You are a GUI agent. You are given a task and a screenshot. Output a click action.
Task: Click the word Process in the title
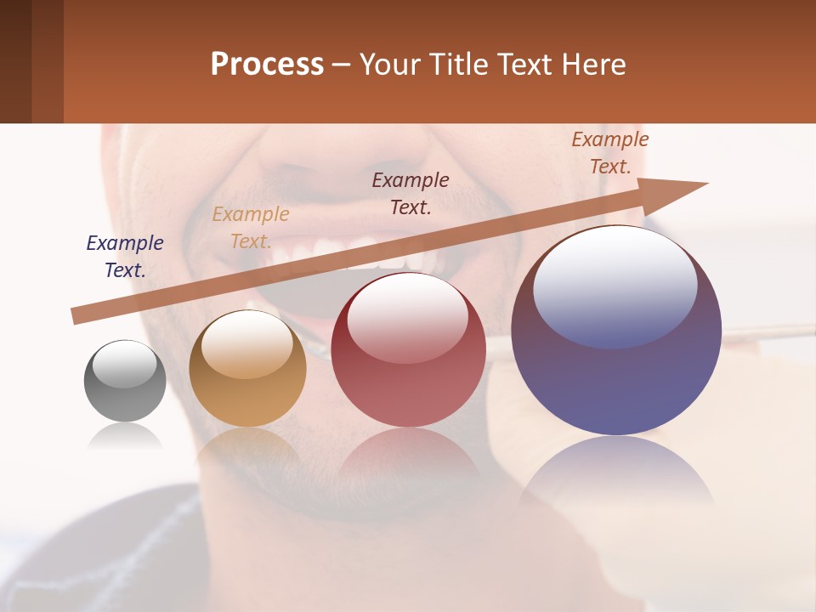(267, 65)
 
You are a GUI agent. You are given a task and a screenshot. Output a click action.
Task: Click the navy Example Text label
(125, 257)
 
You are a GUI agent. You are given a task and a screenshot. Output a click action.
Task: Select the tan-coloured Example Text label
(251, 228)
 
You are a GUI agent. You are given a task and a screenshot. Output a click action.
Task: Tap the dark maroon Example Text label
(411, 194)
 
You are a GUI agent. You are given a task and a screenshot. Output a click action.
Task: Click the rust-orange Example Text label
(609, 153)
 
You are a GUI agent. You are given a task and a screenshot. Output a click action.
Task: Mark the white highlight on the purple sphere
(615, 285)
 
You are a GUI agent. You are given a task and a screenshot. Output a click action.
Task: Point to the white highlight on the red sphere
(408, 318)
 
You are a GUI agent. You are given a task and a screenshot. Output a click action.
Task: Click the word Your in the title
(391, 65)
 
